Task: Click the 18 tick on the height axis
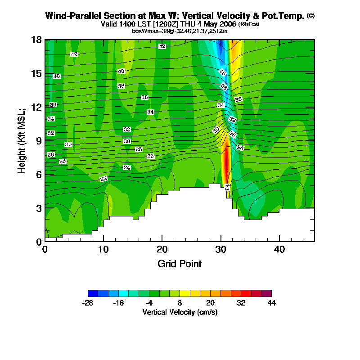click(x=37, y=40)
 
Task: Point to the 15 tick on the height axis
click(x=37, y=73)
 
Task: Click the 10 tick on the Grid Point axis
click(x=103, y=249)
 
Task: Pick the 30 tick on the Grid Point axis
click(x=220, y=249)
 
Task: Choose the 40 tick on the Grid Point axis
click(x=279, y=249)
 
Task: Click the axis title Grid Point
click(x=180, y=264)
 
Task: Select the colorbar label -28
click(x=88, y=303)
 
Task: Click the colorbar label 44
click(x=271, y=303)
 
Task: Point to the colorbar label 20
click(x=210, y=303)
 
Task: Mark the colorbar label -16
click(x=118, y=303)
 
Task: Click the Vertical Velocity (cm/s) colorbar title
click(x=180, y=312)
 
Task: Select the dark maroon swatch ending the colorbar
click(x=266, y=293)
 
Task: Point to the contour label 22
click(x=103, y=179)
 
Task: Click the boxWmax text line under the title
click(x=180, y=31)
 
